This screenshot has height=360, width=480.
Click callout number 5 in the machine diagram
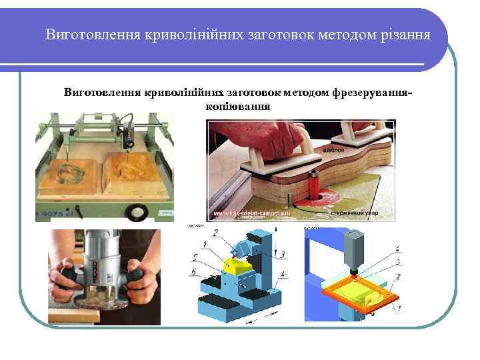(x=195, y=257)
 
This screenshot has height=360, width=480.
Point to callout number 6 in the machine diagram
(x=194, y=271)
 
